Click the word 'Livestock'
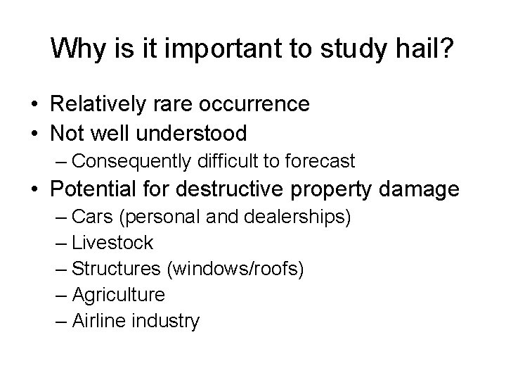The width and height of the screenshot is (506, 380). coord(112,243)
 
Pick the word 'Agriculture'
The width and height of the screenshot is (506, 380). coord(118,295)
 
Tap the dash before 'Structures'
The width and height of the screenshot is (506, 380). coord(61,269)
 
